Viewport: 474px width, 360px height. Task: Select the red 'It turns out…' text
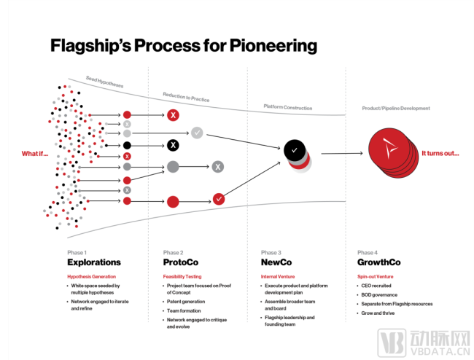click(440, 154)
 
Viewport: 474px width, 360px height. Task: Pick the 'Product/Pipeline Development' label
click(396, 109)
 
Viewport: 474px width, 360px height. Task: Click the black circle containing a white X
click(173, 145)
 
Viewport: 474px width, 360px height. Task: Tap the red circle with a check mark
click(219, 198)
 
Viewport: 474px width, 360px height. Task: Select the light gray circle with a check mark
click(197, 133)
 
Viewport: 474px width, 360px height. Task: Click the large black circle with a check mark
click(294, 149)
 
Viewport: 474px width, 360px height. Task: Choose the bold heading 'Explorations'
click(93, 262)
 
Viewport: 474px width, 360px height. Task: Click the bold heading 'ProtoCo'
click(181, 262)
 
